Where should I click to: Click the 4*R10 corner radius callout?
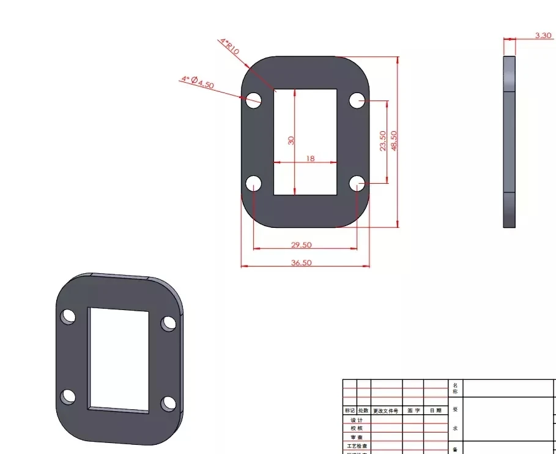tap(229, 47)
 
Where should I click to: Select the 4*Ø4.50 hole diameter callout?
tap(198, 82)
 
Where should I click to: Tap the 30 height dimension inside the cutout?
tap(291, 140)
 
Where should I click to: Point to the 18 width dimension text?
tap(310, 158)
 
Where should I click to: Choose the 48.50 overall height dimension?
tap(394, 141)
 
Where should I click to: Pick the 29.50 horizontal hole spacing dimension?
tap(301, 244)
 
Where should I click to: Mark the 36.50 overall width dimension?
tap(301, 262)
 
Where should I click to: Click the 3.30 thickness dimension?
tap(543, 36)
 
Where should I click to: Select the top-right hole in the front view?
tap(357, 100)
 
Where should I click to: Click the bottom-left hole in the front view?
tap(253, 183)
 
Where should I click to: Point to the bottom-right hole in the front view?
tap(357, 183)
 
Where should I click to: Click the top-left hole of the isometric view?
tap(68, 317)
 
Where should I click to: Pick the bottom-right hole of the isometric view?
tap(168, 404)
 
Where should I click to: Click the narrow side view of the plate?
tap(509, 142)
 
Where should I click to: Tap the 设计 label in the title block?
tap(356, 420)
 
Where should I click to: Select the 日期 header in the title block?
tap(435, 410)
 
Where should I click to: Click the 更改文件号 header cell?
tap(386, 410)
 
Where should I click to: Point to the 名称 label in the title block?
tap(454, 388)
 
